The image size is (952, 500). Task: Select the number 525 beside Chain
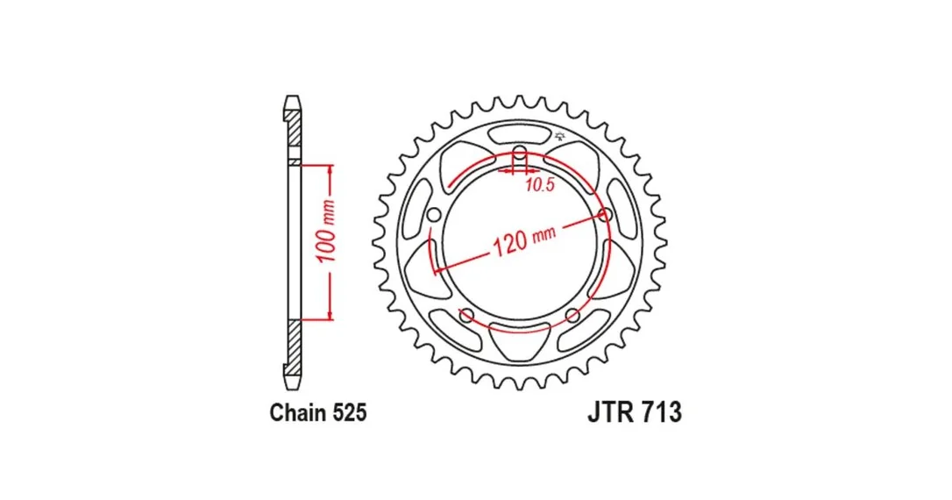coord(350,412)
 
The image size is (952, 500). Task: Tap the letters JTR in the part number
coord(610,412)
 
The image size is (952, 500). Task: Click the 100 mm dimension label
coord(327,232)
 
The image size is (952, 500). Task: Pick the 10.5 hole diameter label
coord(540,185)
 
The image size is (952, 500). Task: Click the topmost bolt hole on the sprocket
coord(520,152)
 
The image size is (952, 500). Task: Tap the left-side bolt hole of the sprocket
coord(434,215)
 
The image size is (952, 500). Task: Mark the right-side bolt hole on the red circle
coord(606,214)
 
